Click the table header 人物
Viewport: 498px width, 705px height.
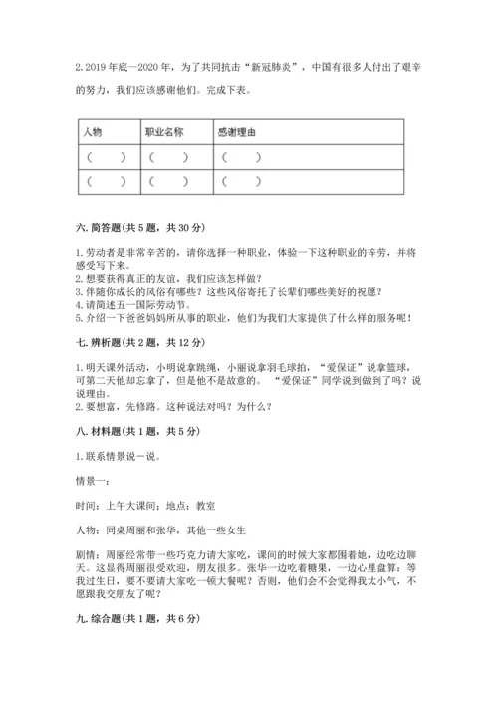pyautogui.click(x=93, y=132)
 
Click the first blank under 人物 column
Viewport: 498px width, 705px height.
pyautogui.click(x=106, y=157)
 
